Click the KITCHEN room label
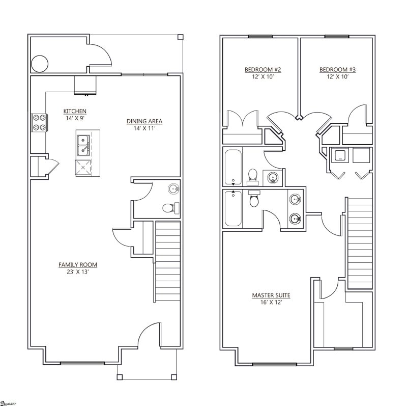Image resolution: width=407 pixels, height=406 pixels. point(74,111)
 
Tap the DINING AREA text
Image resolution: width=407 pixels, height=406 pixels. point(144,121)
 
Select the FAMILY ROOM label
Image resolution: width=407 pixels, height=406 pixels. point(77,265)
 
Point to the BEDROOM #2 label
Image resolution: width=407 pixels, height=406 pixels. point(263,70)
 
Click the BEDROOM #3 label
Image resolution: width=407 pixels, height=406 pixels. point(337,70)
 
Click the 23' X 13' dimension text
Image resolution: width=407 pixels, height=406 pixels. point(77,272)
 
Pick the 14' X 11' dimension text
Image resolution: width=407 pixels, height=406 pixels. point(144,128)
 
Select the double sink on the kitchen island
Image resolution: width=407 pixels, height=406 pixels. point(82,144)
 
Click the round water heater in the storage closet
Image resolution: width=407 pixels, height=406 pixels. point(40,64)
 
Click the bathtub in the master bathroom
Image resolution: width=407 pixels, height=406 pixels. point(233,209)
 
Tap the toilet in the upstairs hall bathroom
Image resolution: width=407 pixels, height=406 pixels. point(252,176)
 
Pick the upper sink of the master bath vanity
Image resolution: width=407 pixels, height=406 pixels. point(295,199)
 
